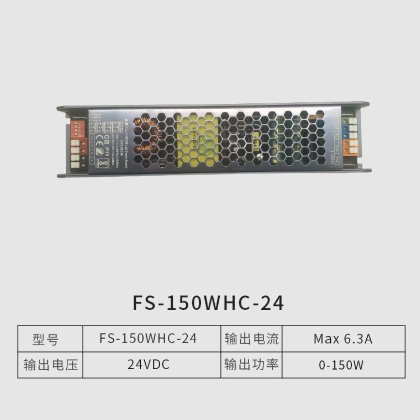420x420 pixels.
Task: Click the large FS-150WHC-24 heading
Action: pos(208,303)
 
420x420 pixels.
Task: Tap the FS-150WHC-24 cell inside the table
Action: pos(148,339)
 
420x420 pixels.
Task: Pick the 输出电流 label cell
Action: pos(252,339)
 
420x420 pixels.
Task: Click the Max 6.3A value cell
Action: pos(343,339)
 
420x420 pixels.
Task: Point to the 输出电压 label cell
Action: pos(50,364)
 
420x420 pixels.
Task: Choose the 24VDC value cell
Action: pos(148,364)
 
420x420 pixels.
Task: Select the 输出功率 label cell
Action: pos(252,364)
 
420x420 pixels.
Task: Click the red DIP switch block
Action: pos(78,129)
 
